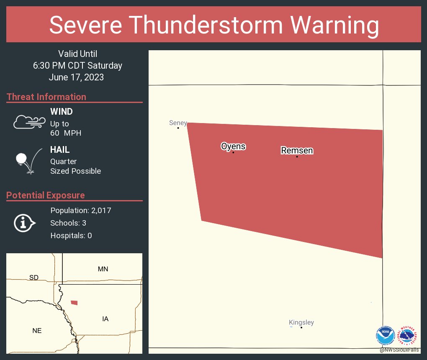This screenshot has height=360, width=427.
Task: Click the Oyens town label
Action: click(233, 147)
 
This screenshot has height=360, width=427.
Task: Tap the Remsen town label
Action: click(297, 151)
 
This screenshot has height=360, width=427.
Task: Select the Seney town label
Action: click(178, 123)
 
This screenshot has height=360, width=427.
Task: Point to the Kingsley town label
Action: click(301, 322)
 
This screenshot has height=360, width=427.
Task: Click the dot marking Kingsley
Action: click(301, 327)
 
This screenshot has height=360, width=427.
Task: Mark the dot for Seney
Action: click(178, 128)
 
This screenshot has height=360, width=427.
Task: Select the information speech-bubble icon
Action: click(24, 223)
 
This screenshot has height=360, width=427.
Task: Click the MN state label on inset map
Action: click(103, 269)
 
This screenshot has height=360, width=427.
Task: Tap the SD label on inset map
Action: click(33, 278)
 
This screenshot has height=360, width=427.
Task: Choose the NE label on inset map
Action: click(37, 331)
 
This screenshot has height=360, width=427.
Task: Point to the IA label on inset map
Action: click(105, 319)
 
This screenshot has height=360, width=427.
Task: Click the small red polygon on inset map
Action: click(74, 303)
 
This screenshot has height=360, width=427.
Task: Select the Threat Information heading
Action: click(46, 97)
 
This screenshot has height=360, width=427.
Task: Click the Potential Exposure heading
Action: click(46, 195)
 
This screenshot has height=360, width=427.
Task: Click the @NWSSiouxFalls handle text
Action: click(399, 350)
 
